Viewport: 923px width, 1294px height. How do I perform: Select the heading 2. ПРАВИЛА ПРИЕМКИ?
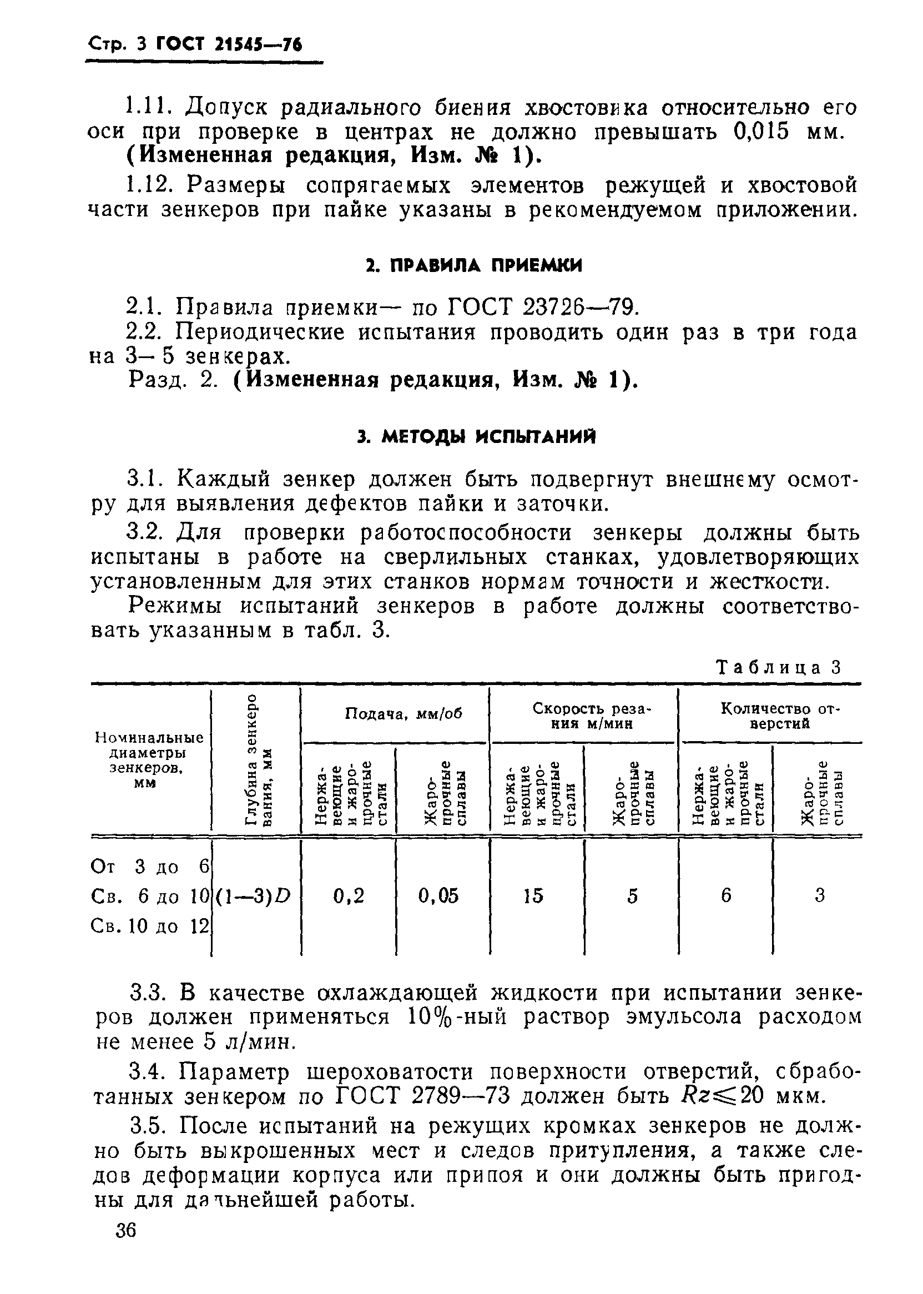(x=473, y=265)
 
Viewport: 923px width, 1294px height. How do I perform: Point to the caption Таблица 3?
(x=778, y=667)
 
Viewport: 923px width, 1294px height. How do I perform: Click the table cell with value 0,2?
(x=349, y=896)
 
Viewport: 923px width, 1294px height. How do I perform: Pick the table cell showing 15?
(x=533, y=896)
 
